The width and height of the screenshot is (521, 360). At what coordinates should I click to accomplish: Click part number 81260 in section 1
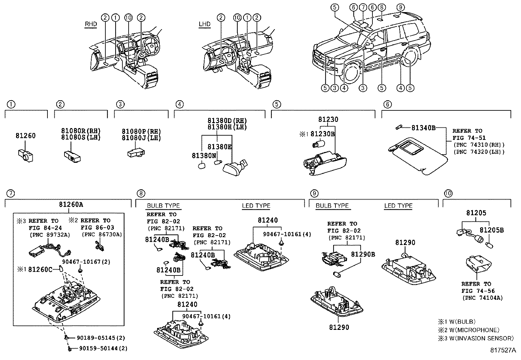click(26, 136)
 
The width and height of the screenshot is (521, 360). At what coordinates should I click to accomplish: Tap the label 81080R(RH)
click(81, 131)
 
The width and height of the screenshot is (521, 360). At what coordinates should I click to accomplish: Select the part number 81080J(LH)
click(141, 138)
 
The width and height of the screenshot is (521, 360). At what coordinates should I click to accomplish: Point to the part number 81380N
click(204, 156)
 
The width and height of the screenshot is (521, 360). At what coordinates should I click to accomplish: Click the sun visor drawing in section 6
click(418, 156)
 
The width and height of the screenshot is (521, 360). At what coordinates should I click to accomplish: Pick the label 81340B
click(423, 128)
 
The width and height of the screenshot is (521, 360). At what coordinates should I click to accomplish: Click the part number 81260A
click(71, 204)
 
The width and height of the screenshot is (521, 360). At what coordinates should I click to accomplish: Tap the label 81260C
click(40, 270)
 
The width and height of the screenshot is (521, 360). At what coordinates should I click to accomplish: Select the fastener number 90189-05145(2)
click(101, 338)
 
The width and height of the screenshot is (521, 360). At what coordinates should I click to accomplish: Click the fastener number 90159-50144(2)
click(103, 348)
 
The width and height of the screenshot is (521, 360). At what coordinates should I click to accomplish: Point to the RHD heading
click(91, 24)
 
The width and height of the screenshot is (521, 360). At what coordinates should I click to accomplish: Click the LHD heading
click(205, 24)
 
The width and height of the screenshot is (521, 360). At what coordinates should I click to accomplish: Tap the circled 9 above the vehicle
click(401, 8)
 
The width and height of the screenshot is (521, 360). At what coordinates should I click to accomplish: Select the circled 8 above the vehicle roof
click(382, 8)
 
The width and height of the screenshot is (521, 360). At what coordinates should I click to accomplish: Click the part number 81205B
click(492, 230)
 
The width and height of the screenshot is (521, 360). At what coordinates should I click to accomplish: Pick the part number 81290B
click(363, 254)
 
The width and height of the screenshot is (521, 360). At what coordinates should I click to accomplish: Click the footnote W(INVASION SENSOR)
click(481, 338)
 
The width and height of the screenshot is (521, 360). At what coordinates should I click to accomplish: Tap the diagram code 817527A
click(503, 350)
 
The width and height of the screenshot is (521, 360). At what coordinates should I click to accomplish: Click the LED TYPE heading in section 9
click(398, 206)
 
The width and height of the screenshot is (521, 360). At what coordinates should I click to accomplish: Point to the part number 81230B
click(323, 134)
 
